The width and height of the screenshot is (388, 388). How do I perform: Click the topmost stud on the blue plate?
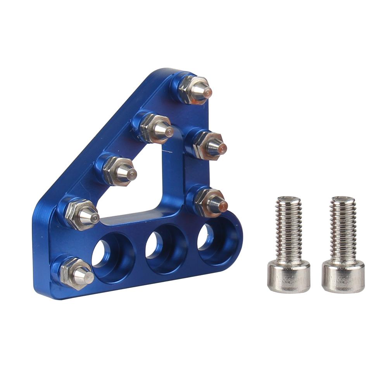196,89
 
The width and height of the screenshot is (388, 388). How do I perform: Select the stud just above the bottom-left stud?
79,213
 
